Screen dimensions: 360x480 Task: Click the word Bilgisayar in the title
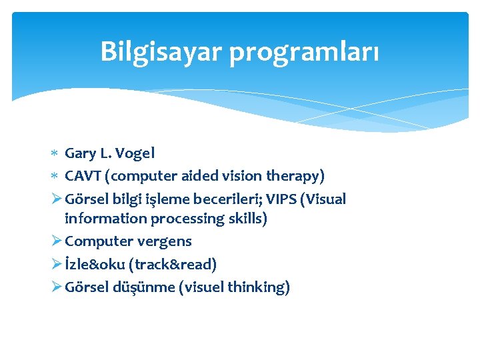click(x=161, y=51)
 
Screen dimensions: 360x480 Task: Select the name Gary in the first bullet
click(x=80, y=153)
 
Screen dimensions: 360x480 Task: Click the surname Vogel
click(x=135, y=153)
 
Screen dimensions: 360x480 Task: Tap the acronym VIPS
click(x=288, y=199)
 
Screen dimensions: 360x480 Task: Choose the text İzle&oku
click(x=97, y=264)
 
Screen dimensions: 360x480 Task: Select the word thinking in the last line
click(x=258, y=287)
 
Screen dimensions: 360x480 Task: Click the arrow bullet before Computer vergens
click(x=56, y=241)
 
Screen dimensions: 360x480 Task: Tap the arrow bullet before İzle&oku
click(x=56, y=264)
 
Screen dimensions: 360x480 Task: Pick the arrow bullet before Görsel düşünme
click(x=56, y=287)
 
